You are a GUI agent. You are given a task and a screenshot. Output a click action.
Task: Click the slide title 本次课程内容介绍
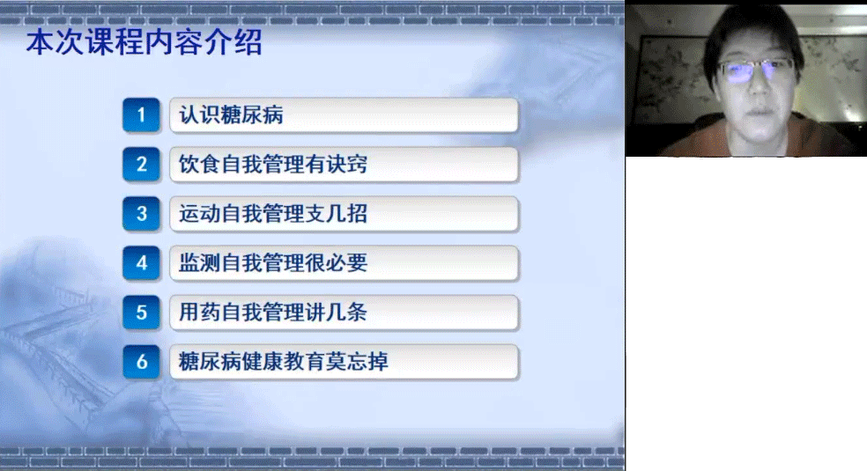coord(144,43)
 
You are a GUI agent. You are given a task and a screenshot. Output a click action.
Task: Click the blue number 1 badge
coord(141,115)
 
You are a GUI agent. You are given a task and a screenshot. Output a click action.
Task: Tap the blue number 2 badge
coord(141,165)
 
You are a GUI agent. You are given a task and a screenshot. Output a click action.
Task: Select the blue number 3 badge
coord(141,214)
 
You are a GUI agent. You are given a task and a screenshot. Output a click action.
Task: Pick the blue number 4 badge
coord(141,263)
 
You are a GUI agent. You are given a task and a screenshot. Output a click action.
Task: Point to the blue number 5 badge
coord(141,313)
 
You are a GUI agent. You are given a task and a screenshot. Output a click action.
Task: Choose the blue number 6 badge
coord(141,362)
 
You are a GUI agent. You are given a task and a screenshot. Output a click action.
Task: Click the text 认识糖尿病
coord(231,115)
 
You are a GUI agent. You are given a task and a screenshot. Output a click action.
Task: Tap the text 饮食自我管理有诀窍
coord(272,165)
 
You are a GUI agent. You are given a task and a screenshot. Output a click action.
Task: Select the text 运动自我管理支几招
coord(272,214)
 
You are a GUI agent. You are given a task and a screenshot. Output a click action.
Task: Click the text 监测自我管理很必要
coord(272,263)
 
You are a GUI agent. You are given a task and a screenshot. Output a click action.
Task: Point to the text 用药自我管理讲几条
coord(272,313)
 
